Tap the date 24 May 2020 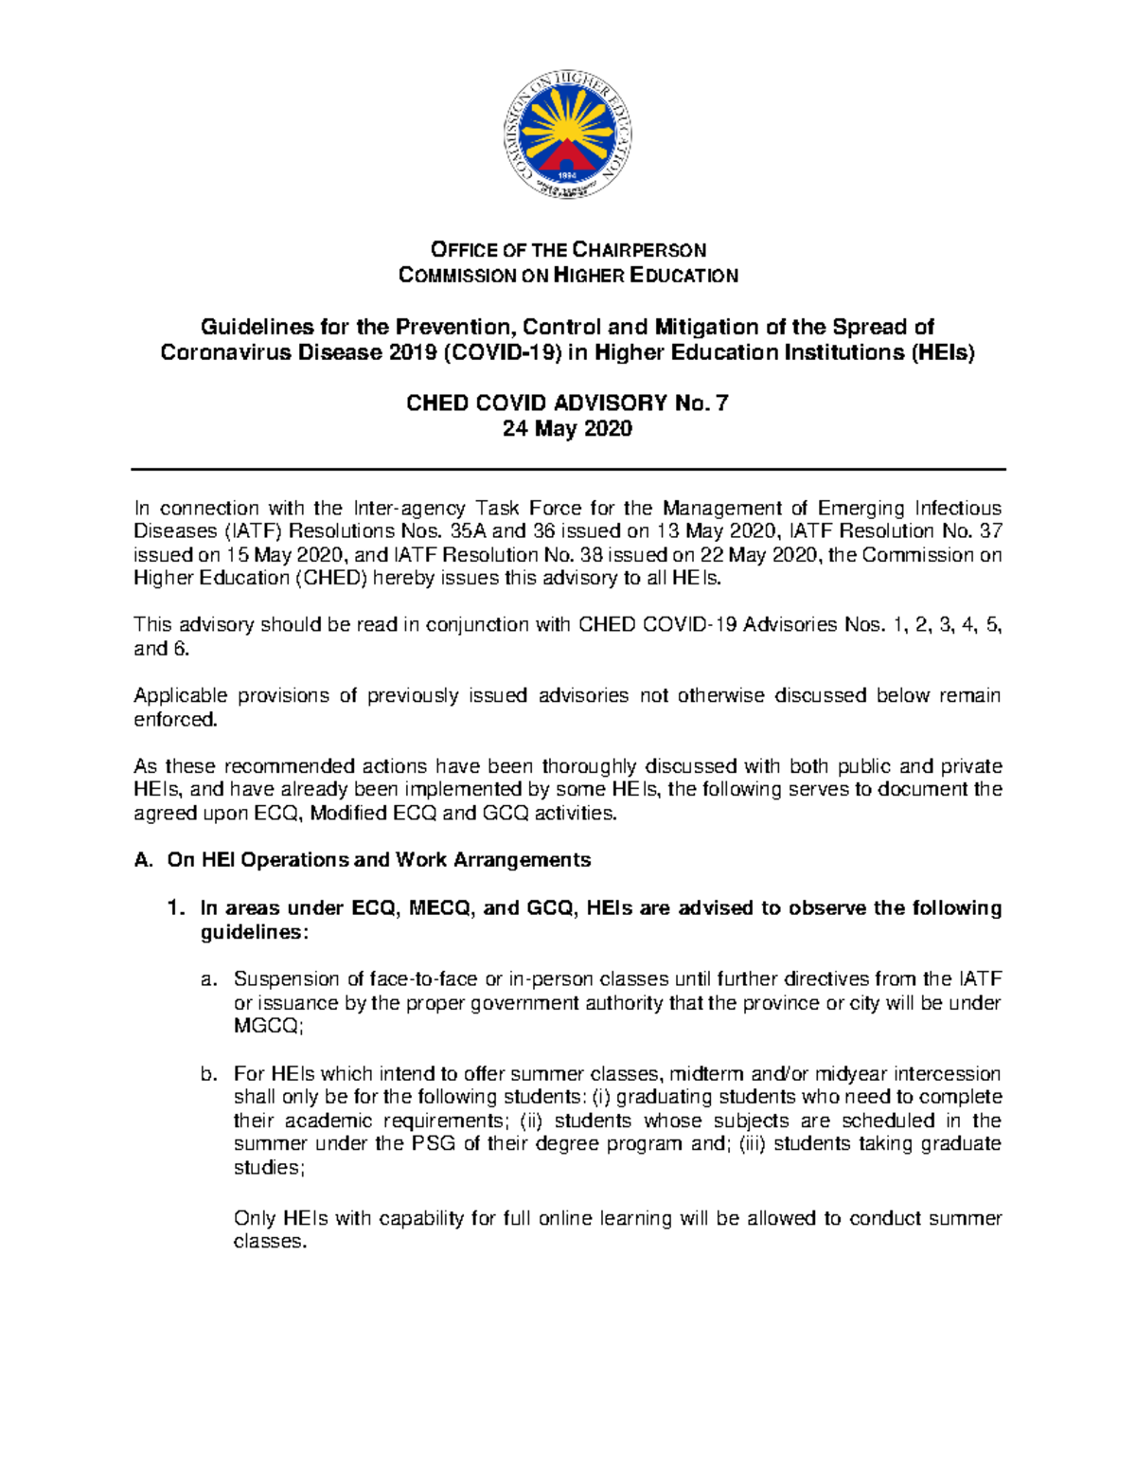point(567,429)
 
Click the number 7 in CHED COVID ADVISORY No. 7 point(721,404)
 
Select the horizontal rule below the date point(567,469)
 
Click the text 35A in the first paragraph point(470,531)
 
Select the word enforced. point(175,720)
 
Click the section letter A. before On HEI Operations point(143,860)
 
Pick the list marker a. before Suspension point(209,979)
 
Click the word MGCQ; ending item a point(269,1026)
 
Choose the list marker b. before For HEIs point(209,1074)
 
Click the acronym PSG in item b point(434,1144)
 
